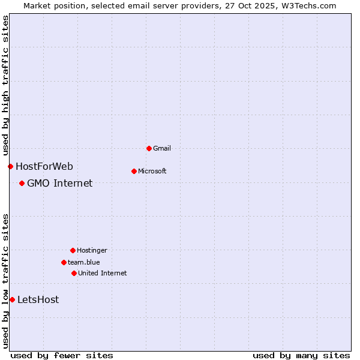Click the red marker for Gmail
coord(149,148)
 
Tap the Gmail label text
coord(162,148)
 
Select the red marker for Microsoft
coord(134,171)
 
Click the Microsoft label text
coord(152,171)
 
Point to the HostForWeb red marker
coord(10,166)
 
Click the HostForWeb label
coord(44,166)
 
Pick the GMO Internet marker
coord(22,183)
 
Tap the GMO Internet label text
coord(59,183)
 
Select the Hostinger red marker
coord(73,250)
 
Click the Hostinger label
coord(92,250)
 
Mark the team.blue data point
coord(64,262)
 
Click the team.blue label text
coord(83,262)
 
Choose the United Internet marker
coord(74,273)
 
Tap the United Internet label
coord(102,273)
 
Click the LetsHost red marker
coord(12,299)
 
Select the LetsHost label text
coord(38,299)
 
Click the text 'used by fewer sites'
coord(62,355)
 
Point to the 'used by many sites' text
coord(301,355)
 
